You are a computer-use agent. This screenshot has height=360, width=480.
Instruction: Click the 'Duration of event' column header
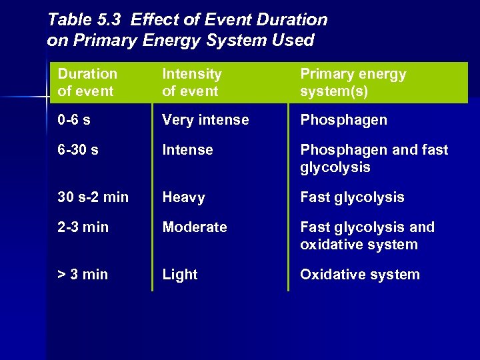87,83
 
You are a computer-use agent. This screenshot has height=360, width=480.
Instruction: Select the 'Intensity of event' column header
191,83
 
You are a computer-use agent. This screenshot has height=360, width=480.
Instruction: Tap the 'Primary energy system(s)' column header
353,83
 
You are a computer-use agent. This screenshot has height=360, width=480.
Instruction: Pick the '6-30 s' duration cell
78,150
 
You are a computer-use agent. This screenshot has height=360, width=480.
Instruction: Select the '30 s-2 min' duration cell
93,197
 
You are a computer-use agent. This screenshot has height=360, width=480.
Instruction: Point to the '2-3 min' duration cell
83,227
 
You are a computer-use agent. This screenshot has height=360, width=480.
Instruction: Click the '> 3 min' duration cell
83,275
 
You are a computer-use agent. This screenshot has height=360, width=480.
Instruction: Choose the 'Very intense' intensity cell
205,120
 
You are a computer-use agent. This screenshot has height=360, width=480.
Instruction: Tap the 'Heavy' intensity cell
183,197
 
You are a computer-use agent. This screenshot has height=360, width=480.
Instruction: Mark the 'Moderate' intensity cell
195,227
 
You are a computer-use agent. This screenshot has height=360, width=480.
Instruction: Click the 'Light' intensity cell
180,275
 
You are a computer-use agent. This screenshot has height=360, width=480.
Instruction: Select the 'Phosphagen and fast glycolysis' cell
373,159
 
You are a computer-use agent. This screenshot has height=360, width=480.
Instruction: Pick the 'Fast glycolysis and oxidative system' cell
367,236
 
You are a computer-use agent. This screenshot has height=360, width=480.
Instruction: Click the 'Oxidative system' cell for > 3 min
360,275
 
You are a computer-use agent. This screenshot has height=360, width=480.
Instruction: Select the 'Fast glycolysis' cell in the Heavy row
352,197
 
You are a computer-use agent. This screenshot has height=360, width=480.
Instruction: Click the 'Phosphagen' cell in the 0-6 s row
343,120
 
